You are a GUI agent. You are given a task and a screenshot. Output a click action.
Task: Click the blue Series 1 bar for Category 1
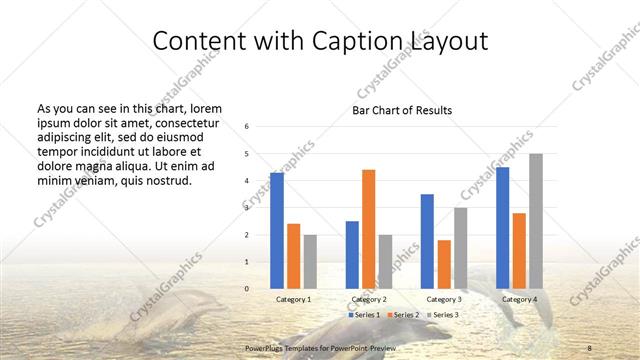click(x=277, y=231)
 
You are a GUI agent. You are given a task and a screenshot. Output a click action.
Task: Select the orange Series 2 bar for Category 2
click(x=368, y=229)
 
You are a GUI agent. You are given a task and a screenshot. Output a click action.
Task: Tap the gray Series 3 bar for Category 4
click(x=536, y=221)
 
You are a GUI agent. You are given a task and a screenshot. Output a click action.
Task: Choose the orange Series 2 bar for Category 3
click(x=444, y=264)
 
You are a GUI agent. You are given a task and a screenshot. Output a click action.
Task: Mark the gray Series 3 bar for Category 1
click(x=310, y=261)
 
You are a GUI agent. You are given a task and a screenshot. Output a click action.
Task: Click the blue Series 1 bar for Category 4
click(x=502, y=228)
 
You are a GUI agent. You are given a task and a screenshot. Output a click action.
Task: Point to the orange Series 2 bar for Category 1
click(x=293, y=256)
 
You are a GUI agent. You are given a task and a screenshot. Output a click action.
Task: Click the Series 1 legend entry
click(x=365, y=315)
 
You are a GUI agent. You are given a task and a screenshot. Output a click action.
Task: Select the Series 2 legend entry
click(x=404, y=315)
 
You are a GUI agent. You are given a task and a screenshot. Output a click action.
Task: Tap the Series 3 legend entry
click(x=443, y=315)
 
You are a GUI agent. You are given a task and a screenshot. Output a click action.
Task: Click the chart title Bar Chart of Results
click(x=402, y=110)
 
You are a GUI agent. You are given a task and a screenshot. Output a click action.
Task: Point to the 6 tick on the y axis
click(x=246, y=127)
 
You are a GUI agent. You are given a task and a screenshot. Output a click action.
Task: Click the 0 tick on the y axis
click(x=246, y=289)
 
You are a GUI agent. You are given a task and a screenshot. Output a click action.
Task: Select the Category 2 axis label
click(x=368, y=299)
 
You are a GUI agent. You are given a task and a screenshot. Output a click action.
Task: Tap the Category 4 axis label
click(x=519, y=299)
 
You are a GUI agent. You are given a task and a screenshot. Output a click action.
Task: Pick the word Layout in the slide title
click(x=447, y=42)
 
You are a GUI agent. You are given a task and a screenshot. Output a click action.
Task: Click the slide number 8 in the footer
click(x=590, y=348)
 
